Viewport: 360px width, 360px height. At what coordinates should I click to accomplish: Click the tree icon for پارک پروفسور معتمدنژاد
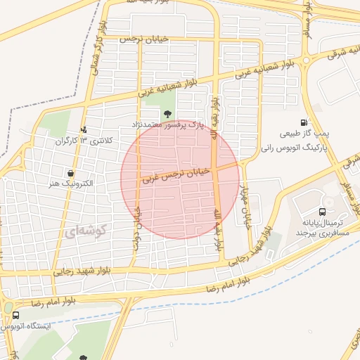167,114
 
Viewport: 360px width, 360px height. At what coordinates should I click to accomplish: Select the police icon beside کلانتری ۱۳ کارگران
84,129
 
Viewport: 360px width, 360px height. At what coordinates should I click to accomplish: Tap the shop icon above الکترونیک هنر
70,173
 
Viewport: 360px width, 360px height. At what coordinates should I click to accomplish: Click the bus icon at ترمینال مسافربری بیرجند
322,211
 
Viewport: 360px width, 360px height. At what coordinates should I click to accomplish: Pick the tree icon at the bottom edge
84,357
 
